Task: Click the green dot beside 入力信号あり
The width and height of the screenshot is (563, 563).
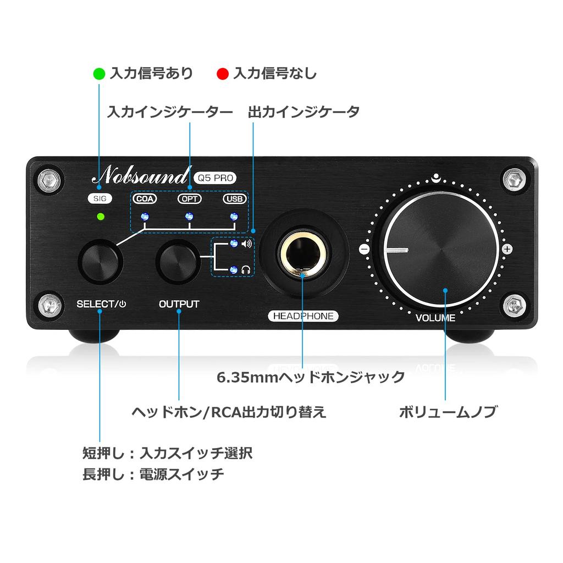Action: click(x=99, y=73)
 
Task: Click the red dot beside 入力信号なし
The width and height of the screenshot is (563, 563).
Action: click(x=222, y=73)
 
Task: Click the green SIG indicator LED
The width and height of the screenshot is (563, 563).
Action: click(x=100, y=216)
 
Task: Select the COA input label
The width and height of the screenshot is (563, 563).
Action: click(x=143, y=199)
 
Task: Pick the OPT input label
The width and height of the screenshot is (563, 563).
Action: click(x=189, y=199)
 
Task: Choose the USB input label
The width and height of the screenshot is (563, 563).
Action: click(x=234, y=199)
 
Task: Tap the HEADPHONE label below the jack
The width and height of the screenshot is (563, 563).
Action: click(x=303, y=316)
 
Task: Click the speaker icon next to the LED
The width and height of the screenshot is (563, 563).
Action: click(x=246, y=244)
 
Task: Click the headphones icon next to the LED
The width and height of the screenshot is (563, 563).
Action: click(x=246, y=269)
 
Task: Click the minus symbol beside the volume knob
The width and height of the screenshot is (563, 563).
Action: click(x=363, y=249)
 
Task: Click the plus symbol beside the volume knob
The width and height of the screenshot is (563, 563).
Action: click(x=507, y=249)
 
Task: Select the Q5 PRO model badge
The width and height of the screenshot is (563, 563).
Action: click(x=215, y=177)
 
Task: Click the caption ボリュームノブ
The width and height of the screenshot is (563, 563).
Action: click(x=448, y=412)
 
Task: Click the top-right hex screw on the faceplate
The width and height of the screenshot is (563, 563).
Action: click(x=515, y=179)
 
